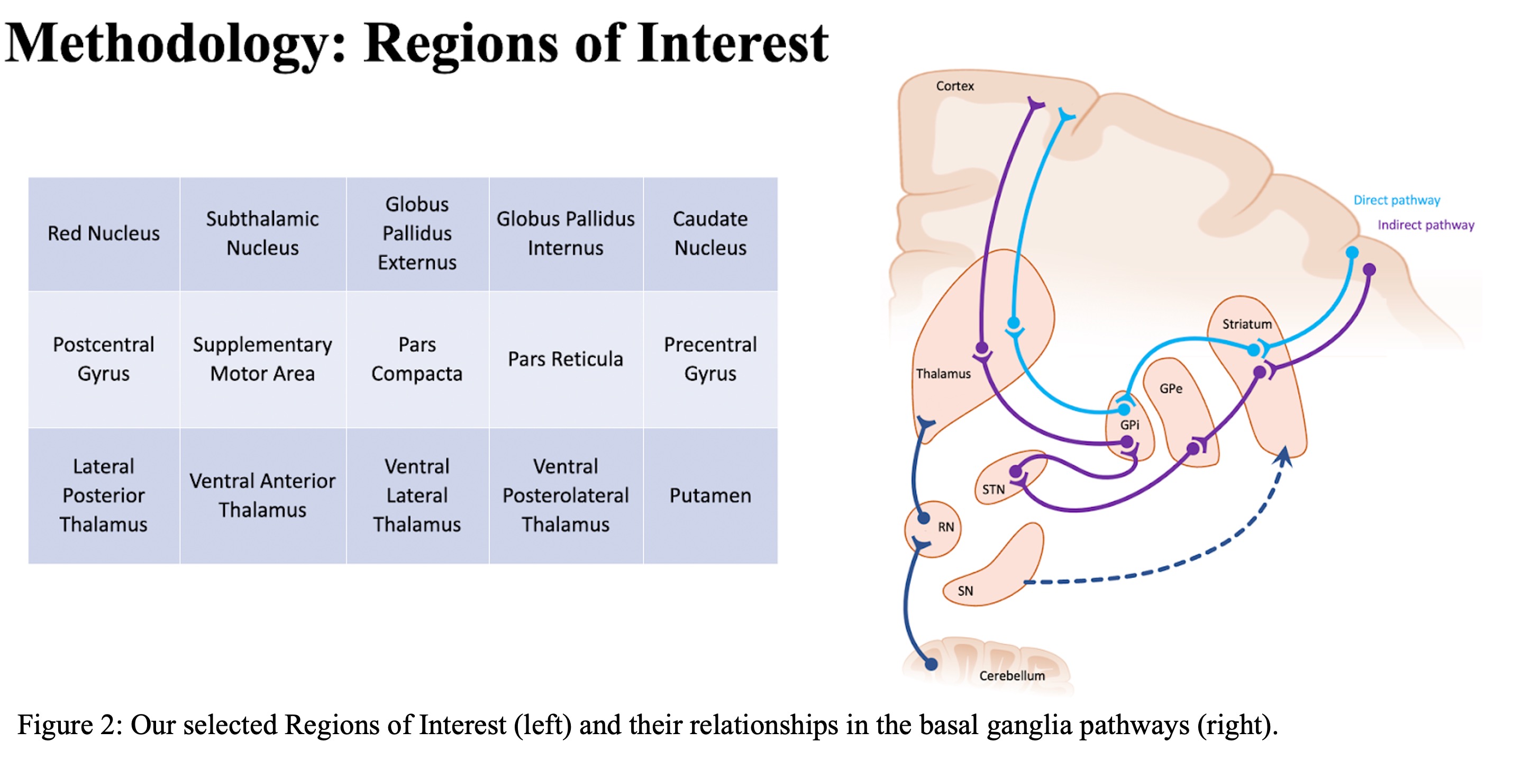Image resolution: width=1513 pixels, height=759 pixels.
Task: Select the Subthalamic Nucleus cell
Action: tap(262, 234)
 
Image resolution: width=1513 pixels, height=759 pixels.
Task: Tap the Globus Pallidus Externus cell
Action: tap(417, 234)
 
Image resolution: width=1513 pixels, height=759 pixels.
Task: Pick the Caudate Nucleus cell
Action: tap(710, 234)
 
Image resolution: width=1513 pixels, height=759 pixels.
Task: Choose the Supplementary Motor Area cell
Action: tap(262, 359)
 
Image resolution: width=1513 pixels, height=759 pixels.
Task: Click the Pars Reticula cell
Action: tap(566, 359)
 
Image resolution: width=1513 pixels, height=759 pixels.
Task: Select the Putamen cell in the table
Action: tap(710, 496)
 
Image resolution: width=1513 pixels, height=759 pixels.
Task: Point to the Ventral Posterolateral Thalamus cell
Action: tap(566, 496)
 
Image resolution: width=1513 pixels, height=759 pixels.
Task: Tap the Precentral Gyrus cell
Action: tap(710, 359)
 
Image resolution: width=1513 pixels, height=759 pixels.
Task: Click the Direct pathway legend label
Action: tap(1397, 200)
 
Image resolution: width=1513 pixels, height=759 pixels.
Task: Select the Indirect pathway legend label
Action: tap(1426, 225)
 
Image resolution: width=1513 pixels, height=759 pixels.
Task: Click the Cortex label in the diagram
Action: tap(955, 86)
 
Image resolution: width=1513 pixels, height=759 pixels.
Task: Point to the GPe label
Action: tap(1171, 388)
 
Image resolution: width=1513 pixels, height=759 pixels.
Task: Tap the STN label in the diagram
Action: tap(993, 490)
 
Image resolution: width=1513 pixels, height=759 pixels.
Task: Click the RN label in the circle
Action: tap(946, 527)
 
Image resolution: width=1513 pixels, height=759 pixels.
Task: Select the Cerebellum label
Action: tap(1012, 675)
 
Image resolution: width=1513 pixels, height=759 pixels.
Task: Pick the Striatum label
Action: tap(1247, 324)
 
